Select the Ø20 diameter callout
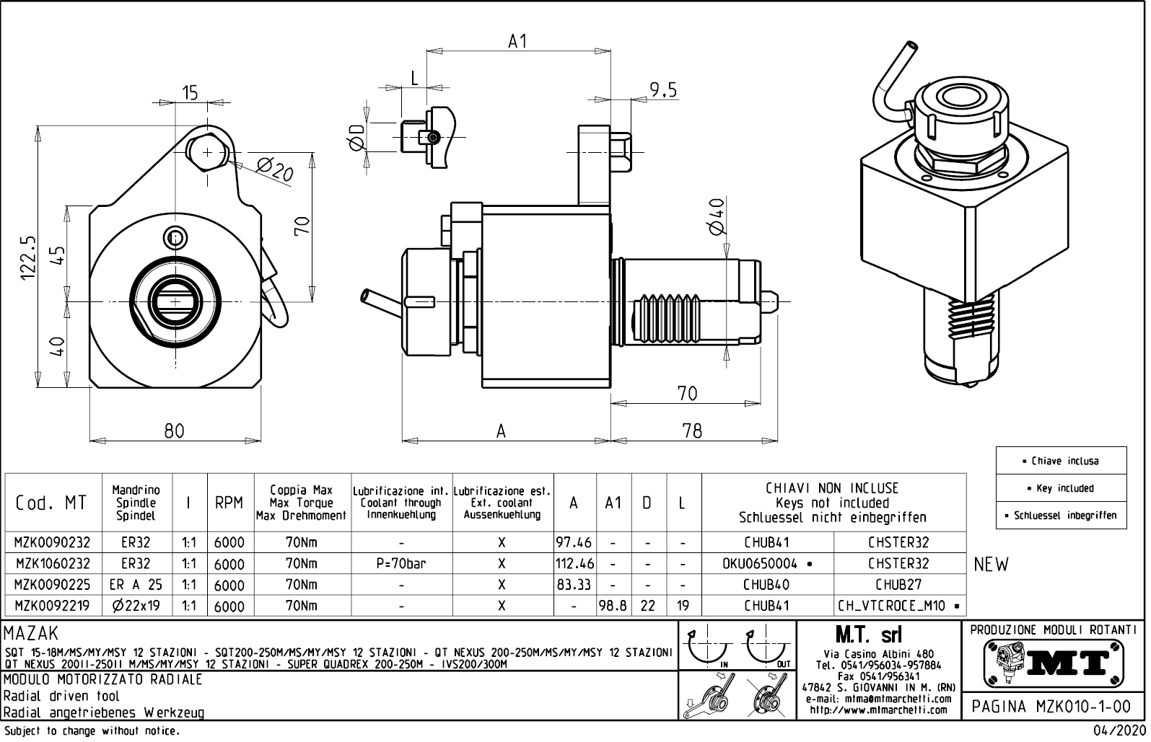coord(274,172)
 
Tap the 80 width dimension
coord(174,431)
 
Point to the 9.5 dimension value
coord(662,90)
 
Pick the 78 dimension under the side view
coord(691,431)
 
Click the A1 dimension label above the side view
coord(517,42)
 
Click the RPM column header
coord(229,503)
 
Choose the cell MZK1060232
coord(53,564)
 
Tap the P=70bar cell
coord(401,564)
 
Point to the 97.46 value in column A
coord(574,543)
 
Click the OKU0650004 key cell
coord(767,564)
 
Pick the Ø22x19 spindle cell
coord(136,606)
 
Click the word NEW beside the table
coord(991,565)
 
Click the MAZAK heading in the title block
coord(31,634)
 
